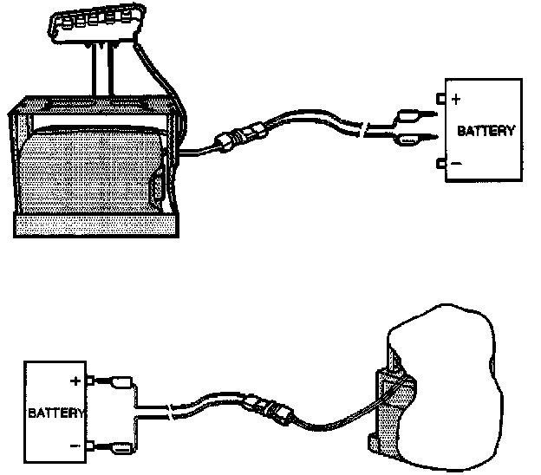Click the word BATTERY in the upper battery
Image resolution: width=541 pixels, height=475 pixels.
tap(486, 133)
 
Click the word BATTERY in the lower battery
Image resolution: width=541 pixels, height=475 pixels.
tap(55, 413)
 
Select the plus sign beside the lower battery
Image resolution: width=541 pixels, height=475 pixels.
tap(76, 381)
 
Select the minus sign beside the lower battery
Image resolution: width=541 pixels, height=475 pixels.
tap(76, 446)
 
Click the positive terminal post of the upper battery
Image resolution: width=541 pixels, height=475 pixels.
tap(442, 100)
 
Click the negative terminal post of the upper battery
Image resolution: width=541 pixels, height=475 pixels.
tap(442, 163)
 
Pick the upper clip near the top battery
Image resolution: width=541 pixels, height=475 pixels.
tap(407, 114)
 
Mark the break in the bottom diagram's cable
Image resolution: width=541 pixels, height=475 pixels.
tap(178, 404)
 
